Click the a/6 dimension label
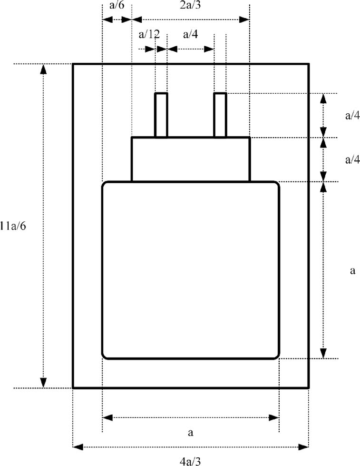point(117,5)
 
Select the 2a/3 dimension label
point(190,5)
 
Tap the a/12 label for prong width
point(149,34)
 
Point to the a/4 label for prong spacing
point(190,34)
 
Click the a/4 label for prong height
point(352,115)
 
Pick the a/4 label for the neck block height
point(352,159)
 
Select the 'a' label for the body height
point(352,271)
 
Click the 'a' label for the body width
point(190,432)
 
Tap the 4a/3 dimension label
point(190,461)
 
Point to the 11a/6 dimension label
point(13,226)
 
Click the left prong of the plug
point(161,115)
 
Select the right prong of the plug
point(220,115)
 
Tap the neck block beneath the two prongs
point(191,159)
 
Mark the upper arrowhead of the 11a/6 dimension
point(43,69)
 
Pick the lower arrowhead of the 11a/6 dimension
point(43,383)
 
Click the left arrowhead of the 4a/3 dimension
point(78,446)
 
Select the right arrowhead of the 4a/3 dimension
point(303,446)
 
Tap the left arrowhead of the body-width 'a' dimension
point(107,417)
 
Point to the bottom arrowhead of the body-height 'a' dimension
point(324,353)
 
